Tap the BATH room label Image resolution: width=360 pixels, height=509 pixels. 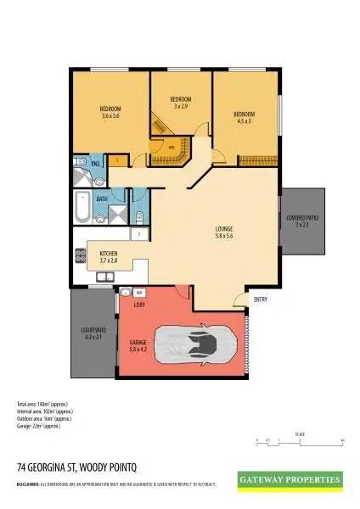tap(101, 199)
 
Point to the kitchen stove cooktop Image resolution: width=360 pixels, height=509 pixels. tap(81, 253)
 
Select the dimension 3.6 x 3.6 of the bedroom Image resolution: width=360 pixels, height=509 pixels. tap(111, 115)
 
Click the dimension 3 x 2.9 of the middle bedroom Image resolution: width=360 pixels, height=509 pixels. tap(180, 106)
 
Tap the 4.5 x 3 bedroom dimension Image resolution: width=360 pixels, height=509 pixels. tap(245, 120)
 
